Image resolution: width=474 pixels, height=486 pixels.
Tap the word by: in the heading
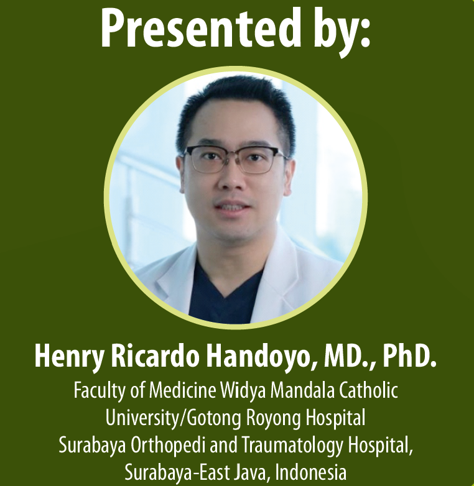click(x=342, y=31)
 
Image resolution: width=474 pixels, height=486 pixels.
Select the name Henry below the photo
click(x=69, y=357)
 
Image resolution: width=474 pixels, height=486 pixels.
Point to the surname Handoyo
click(x=259, y=357)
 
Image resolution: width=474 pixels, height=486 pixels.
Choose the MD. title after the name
click(x=349, y=357)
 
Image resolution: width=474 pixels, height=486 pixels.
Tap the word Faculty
click(x=100, y=391)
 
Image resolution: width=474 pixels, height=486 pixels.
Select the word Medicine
click(x=182, y=390)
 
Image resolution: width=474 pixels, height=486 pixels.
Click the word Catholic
click(x=368, y=390)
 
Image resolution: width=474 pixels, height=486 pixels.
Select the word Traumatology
click(x=292, y=446)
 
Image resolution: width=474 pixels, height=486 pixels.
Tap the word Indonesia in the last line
click(x=310, y=472)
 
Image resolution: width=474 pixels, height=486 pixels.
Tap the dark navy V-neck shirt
click(x=223, y=295)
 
